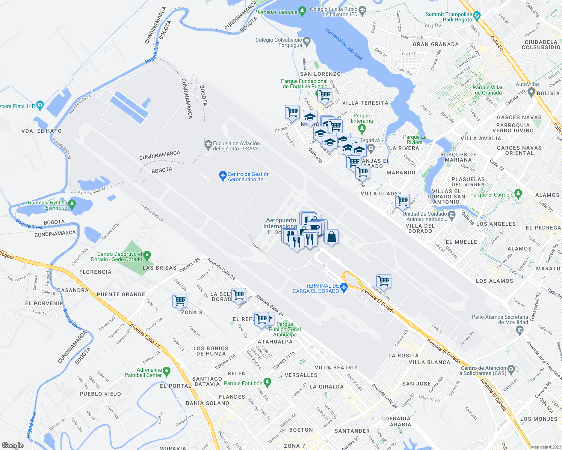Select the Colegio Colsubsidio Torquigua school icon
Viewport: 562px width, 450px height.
tap(307, 40)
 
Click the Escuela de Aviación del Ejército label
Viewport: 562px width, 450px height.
tap(236, 146)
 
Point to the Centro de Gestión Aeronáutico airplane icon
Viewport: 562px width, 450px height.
tap(223, 175)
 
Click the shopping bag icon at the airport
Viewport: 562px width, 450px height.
tap(331, 237)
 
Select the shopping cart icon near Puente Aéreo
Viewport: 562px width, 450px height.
tap(384, 280)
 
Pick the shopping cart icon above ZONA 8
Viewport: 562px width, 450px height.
tap(180, 300)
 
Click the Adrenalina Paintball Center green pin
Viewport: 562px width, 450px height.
tap(167, 372)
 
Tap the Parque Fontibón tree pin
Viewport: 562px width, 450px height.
tap(267, 382)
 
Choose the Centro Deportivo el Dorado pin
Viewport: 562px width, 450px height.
tap(147, 256)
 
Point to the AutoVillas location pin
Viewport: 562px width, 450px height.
tap(531, 91)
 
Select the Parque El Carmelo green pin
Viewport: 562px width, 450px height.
tap(519, 193)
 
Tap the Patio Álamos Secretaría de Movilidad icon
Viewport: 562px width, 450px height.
tap(520, 330)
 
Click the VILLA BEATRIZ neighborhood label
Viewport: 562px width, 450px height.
tap(336, 367)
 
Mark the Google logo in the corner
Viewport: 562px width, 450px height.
tap(13, 445)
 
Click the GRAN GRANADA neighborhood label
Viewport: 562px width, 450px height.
tap(436, 44)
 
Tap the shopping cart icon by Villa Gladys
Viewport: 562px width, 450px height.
tap(402, 201)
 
